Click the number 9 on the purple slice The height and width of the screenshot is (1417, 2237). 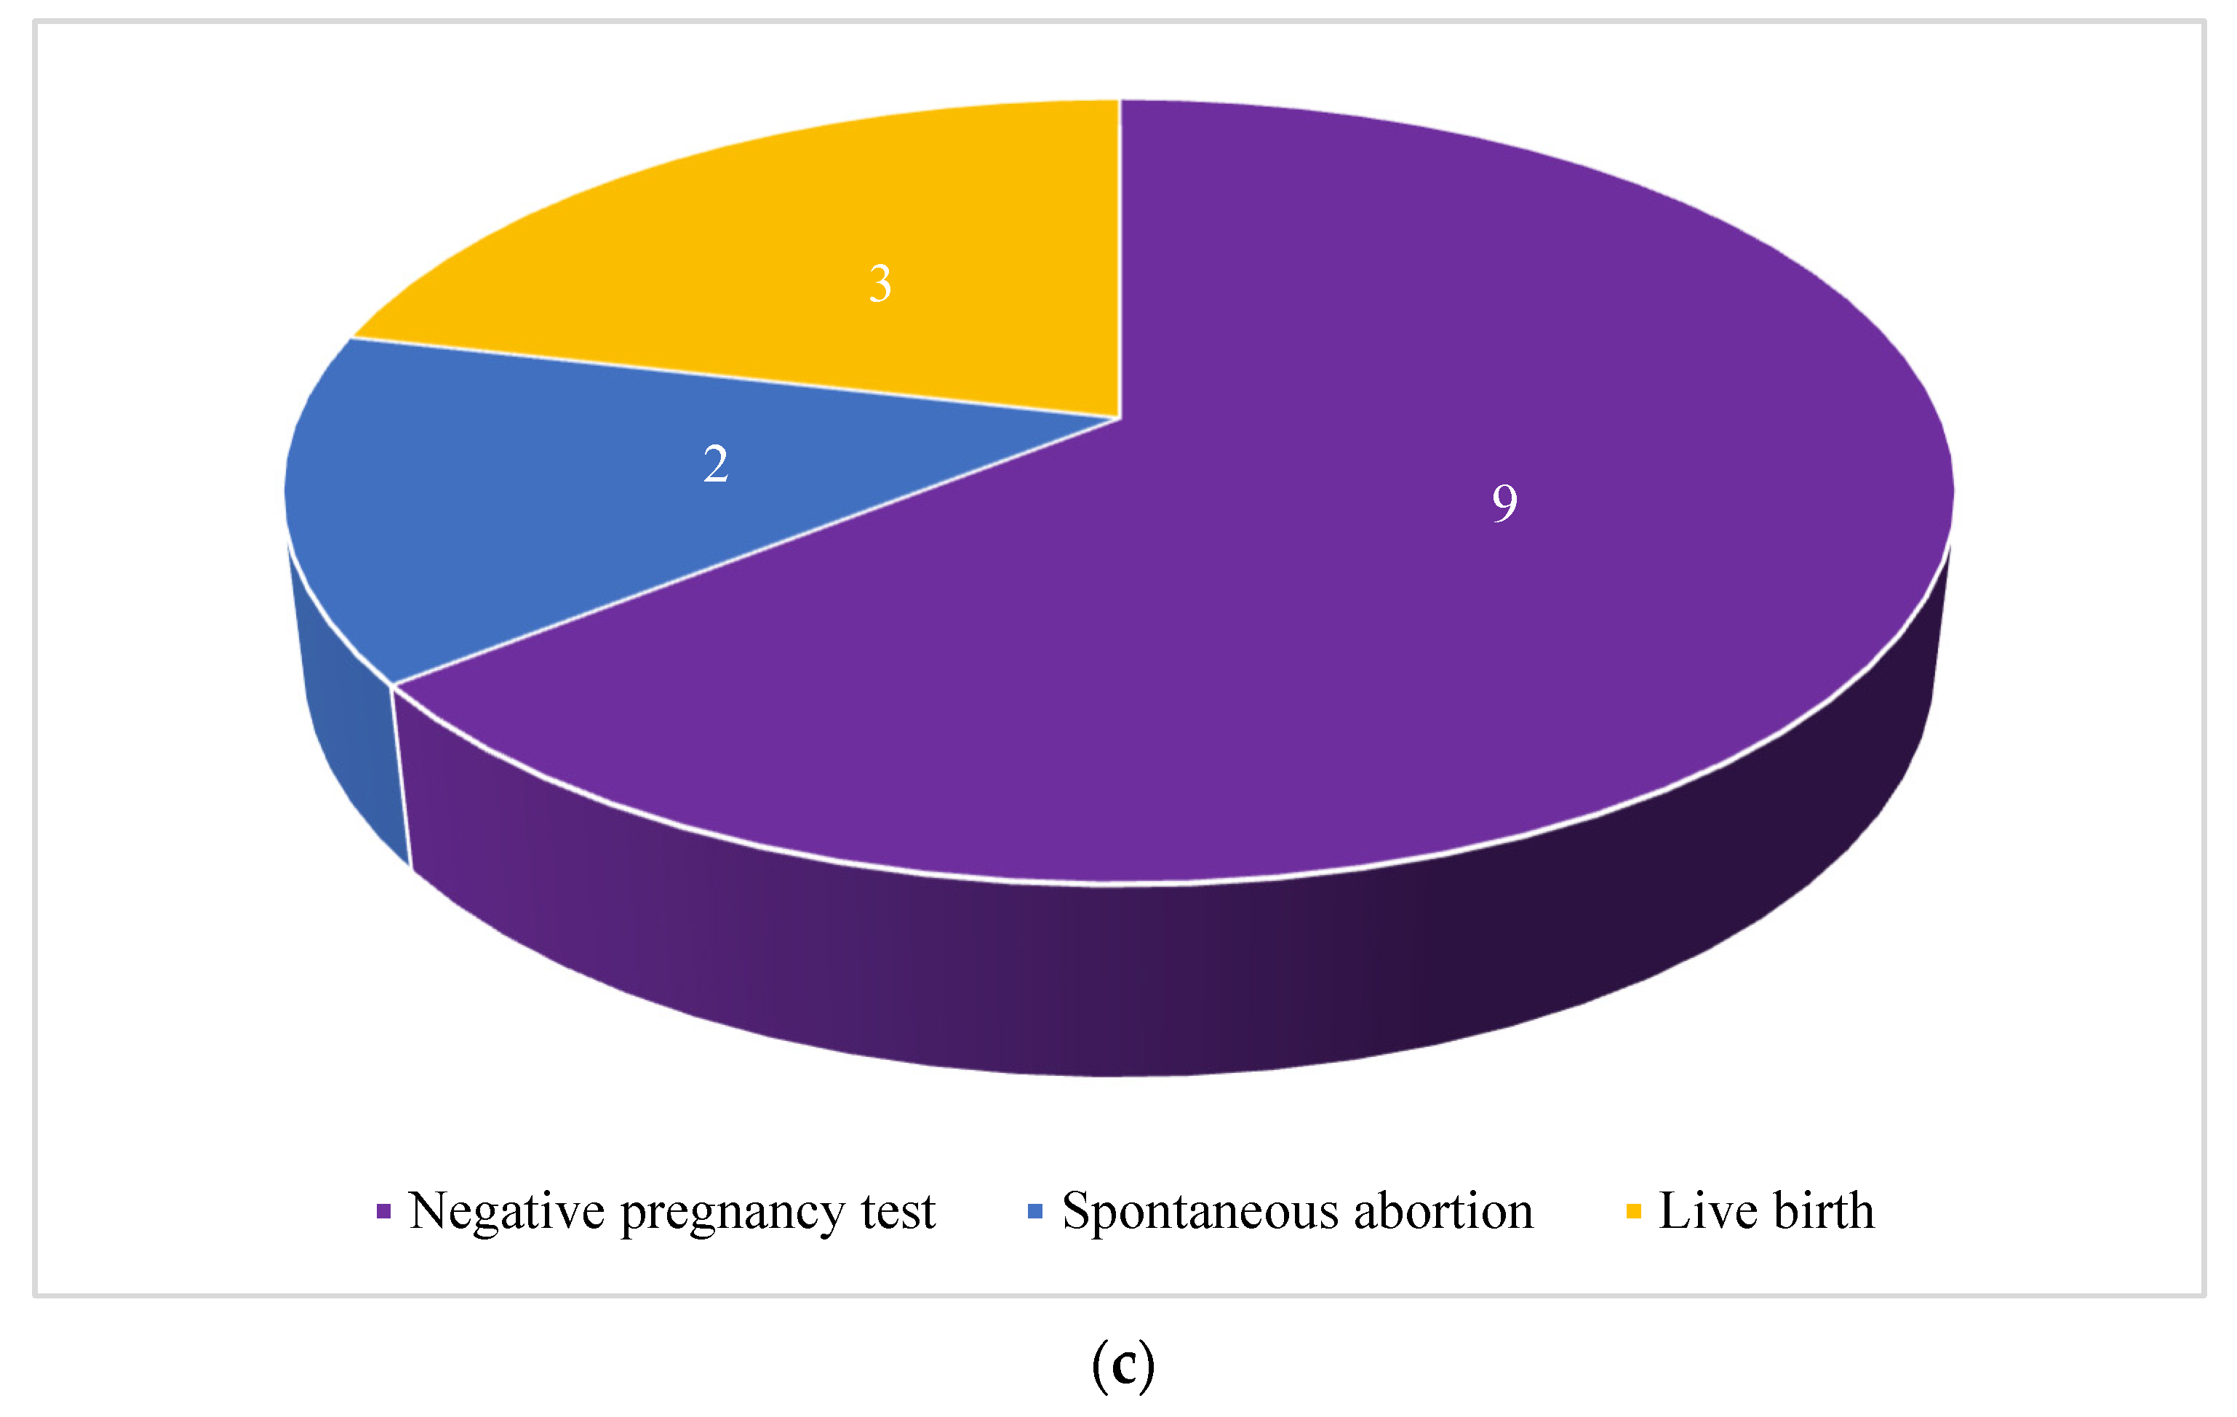(x=1504, y=503)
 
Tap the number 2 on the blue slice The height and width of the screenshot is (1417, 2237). (x=715, y=463)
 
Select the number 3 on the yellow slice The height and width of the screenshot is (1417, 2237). (x=880, y=284)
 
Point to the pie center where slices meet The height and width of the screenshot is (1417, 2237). (x=1120, y=418)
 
